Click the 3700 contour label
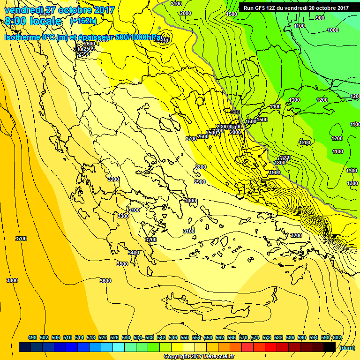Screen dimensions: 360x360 (x=21, y=239)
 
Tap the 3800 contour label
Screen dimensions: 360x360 (x=12, y=280)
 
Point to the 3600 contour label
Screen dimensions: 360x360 (x=105, y=281)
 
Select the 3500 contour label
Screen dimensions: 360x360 (x=122, y=264)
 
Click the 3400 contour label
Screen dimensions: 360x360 (x=134, y=253)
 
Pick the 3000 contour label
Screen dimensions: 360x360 (x=190, y=201)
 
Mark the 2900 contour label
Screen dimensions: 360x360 (x=200, y=182)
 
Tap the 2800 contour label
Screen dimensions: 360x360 (x=201, y=167)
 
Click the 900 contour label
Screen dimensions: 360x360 (x=320, y=18)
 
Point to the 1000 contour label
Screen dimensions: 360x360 (x=333, y=30)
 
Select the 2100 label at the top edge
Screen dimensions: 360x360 (x=176, y=4)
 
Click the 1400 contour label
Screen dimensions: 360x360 (x=275, y=106)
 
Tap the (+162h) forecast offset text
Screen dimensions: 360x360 (x=83, y=21)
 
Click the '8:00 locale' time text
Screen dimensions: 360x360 (x=33, y=21)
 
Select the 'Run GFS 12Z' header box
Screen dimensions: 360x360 (x=296, y=7)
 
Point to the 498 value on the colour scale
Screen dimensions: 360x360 (x=32, y=337)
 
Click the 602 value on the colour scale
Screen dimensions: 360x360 (x=337, y=337)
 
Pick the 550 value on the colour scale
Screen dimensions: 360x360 (x=185, y=337)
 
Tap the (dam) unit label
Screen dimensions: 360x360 (x=347, y=347)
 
